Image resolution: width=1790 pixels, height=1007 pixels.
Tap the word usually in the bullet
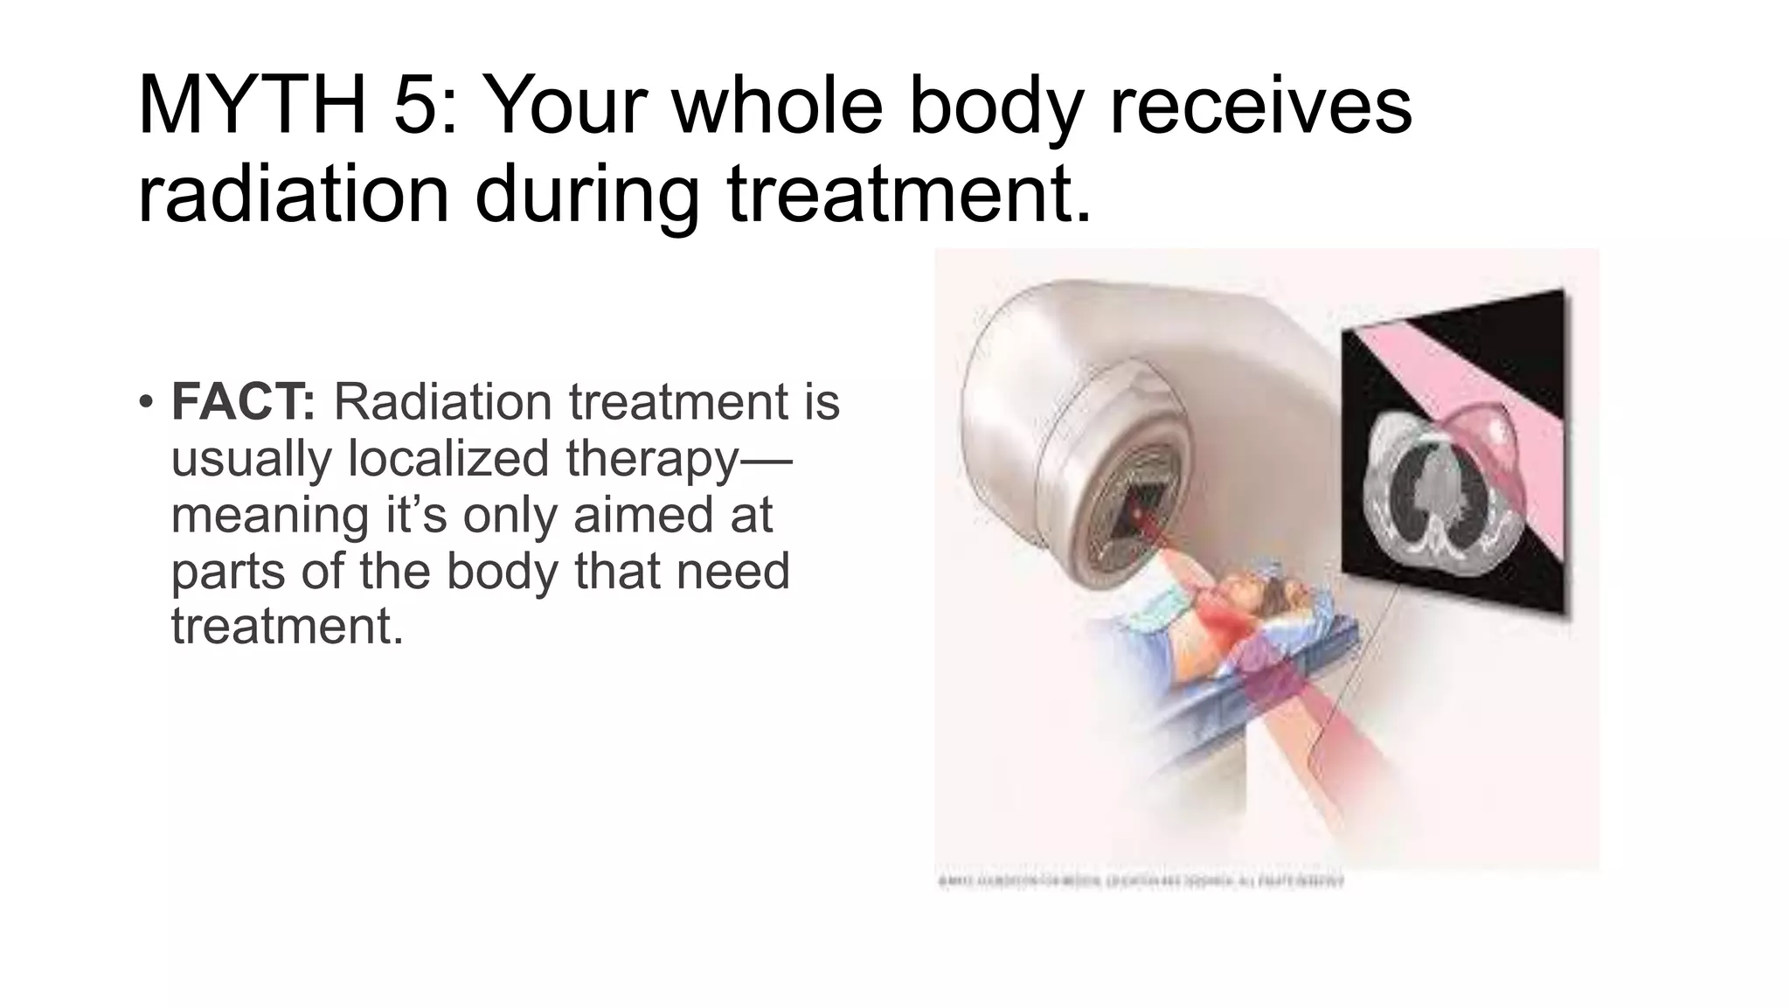[x=252, y=458]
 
